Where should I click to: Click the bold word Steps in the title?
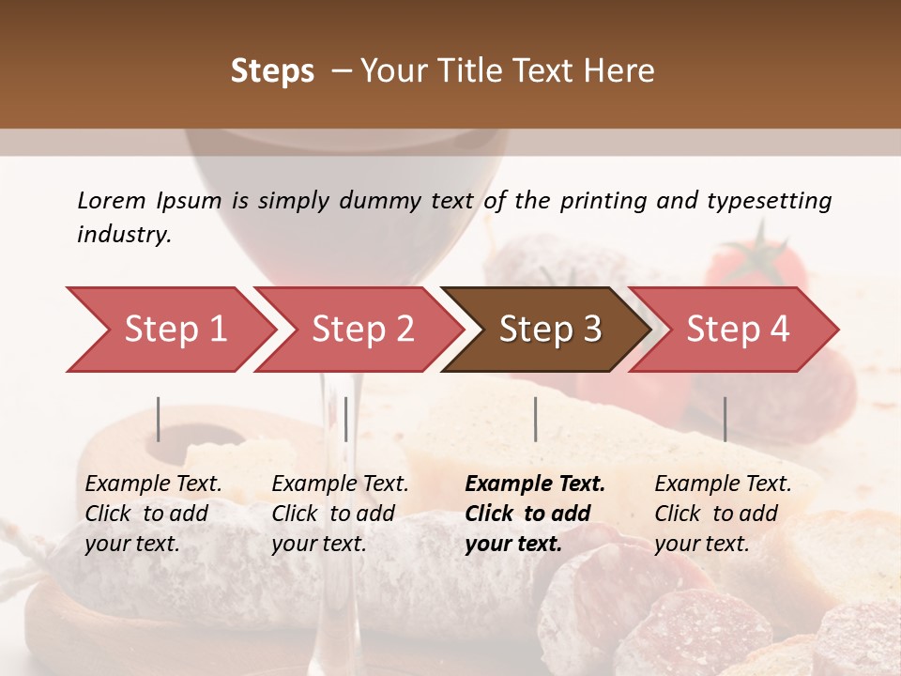[272, 71]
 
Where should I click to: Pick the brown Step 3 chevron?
[550, 330]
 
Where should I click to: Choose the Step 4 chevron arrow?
[738, 330]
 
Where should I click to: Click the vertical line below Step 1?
[159, 419]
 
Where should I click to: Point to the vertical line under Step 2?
[346, 419]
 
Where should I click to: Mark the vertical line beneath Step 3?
[535, 419]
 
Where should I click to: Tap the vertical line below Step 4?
[725, 419]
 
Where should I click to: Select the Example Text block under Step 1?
[153, 514]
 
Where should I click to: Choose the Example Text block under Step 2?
[340, 514]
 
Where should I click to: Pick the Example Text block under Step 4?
[723, 514]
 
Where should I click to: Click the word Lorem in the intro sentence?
[112, 200]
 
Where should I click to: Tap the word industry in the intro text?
[123, 234]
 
